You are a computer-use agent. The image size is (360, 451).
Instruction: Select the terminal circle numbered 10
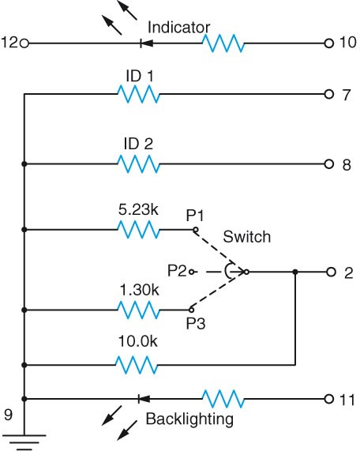pyautogui.click(x=328, y=43)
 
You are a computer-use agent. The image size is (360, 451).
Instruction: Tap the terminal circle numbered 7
pyautogui.click(x=328, y=95)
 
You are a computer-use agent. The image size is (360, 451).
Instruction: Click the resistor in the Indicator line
pyautogui.click(x=224, y=43)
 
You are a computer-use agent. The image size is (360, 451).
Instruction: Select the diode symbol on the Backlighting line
pyautogui.click(x=141, y=398)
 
